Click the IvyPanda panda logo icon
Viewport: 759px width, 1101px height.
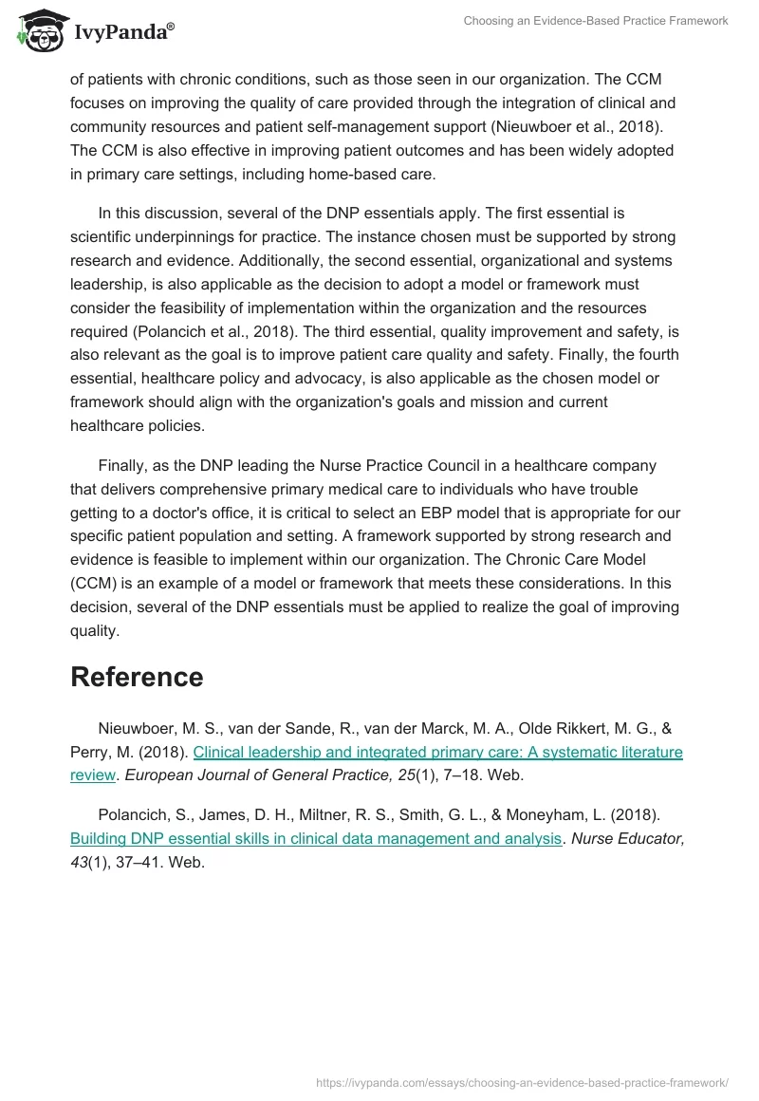(39, 30)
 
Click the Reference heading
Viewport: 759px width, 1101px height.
(137, 677)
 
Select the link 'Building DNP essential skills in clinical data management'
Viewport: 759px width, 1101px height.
(315, 838)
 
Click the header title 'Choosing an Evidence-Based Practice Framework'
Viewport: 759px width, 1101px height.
(596, 21)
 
